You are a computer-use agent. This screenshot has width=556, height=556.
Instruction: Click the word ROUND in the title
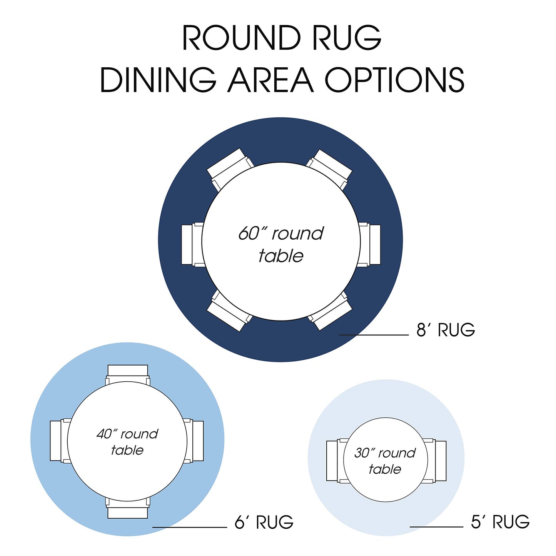click(x=242, y=38)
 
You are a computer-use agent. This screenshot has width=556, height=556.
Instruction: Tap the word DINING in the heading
click(x=158, y=80)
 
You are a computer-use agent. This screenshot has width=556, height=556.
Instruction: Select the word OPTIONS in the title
click(x=394, y=80)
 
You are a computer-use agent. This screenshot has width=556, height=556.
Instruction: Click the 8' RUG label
click(x=446, y=329)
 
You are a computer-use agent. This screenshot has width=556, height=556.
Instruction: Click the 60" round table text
click(x=281, y=245)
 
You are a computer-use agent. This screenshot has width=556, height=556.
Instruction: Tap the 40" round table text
click(x=127, y=442)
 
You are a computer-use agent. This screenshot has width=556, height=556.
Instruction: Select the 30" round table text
click(x=385, y=461)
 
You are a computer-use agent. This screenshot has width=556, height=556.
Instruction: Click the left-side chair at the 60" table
click(x=192, y=245)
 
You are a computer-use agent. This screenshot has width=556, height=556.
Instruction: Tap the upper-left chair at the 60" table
click(x=230, y=169)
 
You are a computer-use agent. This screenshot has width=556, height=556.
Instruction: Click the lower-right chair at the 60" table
click(x=330, y=311)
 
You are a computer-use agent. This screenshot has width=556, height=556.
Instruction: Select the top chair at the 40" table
click(x=127, y=375)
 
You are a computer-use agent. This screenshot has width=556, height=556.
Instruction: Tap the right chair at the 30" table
click(x=434, y=461)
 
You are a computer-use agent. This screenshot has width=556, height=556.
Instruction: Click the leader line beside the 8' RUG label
click(x=374, y=335)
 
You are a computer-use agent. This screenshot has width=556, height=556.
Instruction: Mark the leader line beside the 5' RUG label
click(x=437, y=527)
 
